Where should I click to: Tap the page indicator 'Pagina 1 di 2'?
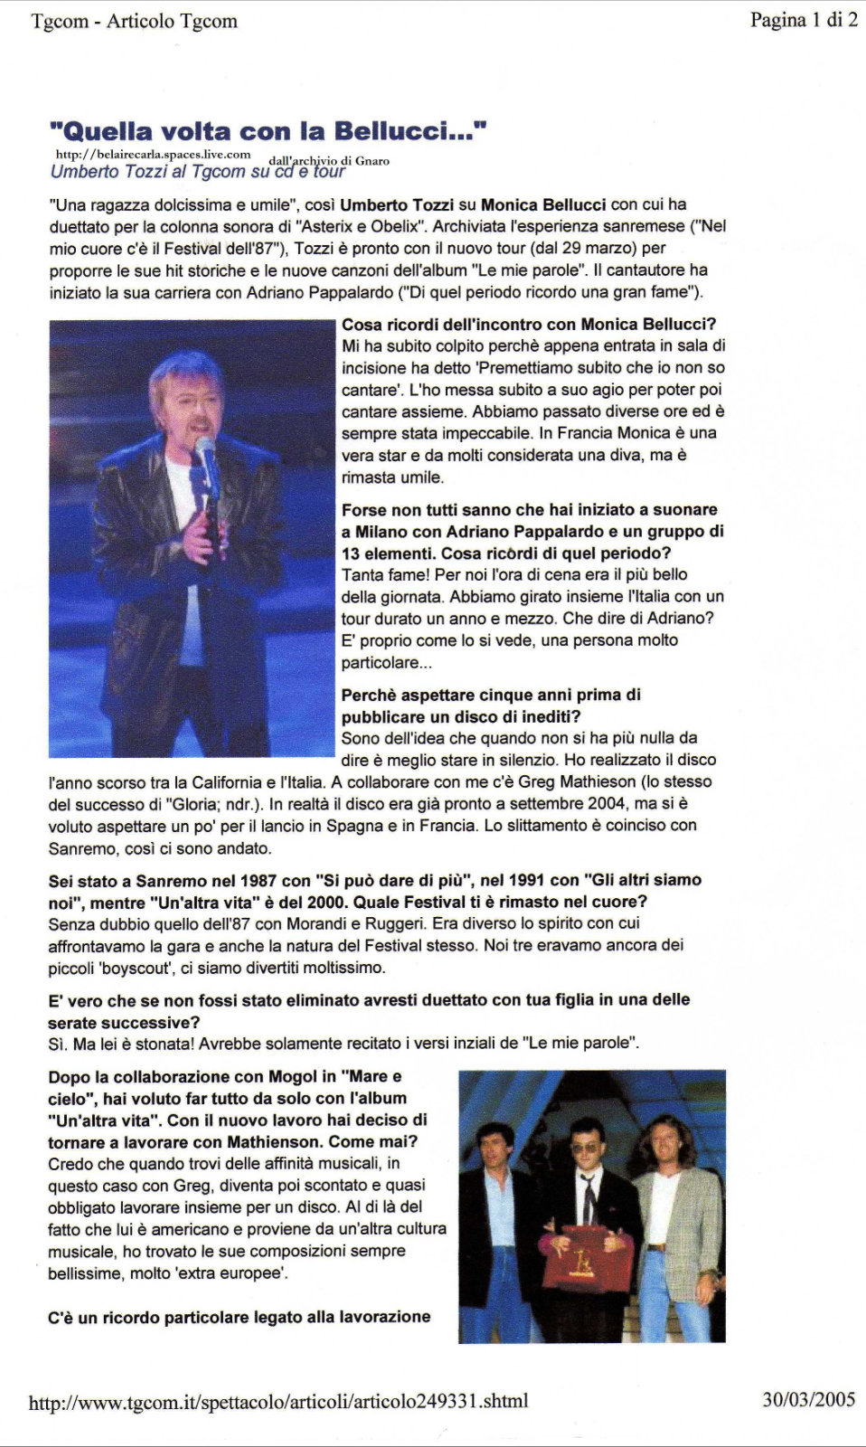(803, 20)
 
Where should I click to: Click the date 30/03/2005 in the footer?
(808, 1399)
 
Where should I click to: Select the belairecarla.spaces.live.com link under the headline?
(153, 155)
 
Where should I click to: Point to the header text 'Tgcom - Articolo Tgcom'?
(134, 21)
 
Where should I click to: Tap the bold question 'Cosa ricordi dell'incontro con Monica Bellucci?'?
(529, 324)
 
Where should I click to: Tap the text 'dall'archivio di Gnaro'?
(329, 161)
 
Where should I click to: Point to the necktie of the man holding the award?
(588, 1198)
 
